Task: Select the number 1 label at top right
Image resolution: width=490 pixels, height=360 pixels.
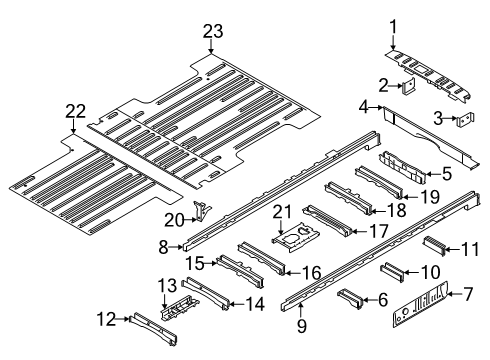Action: pyautogui.click(x=393, y=27)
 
